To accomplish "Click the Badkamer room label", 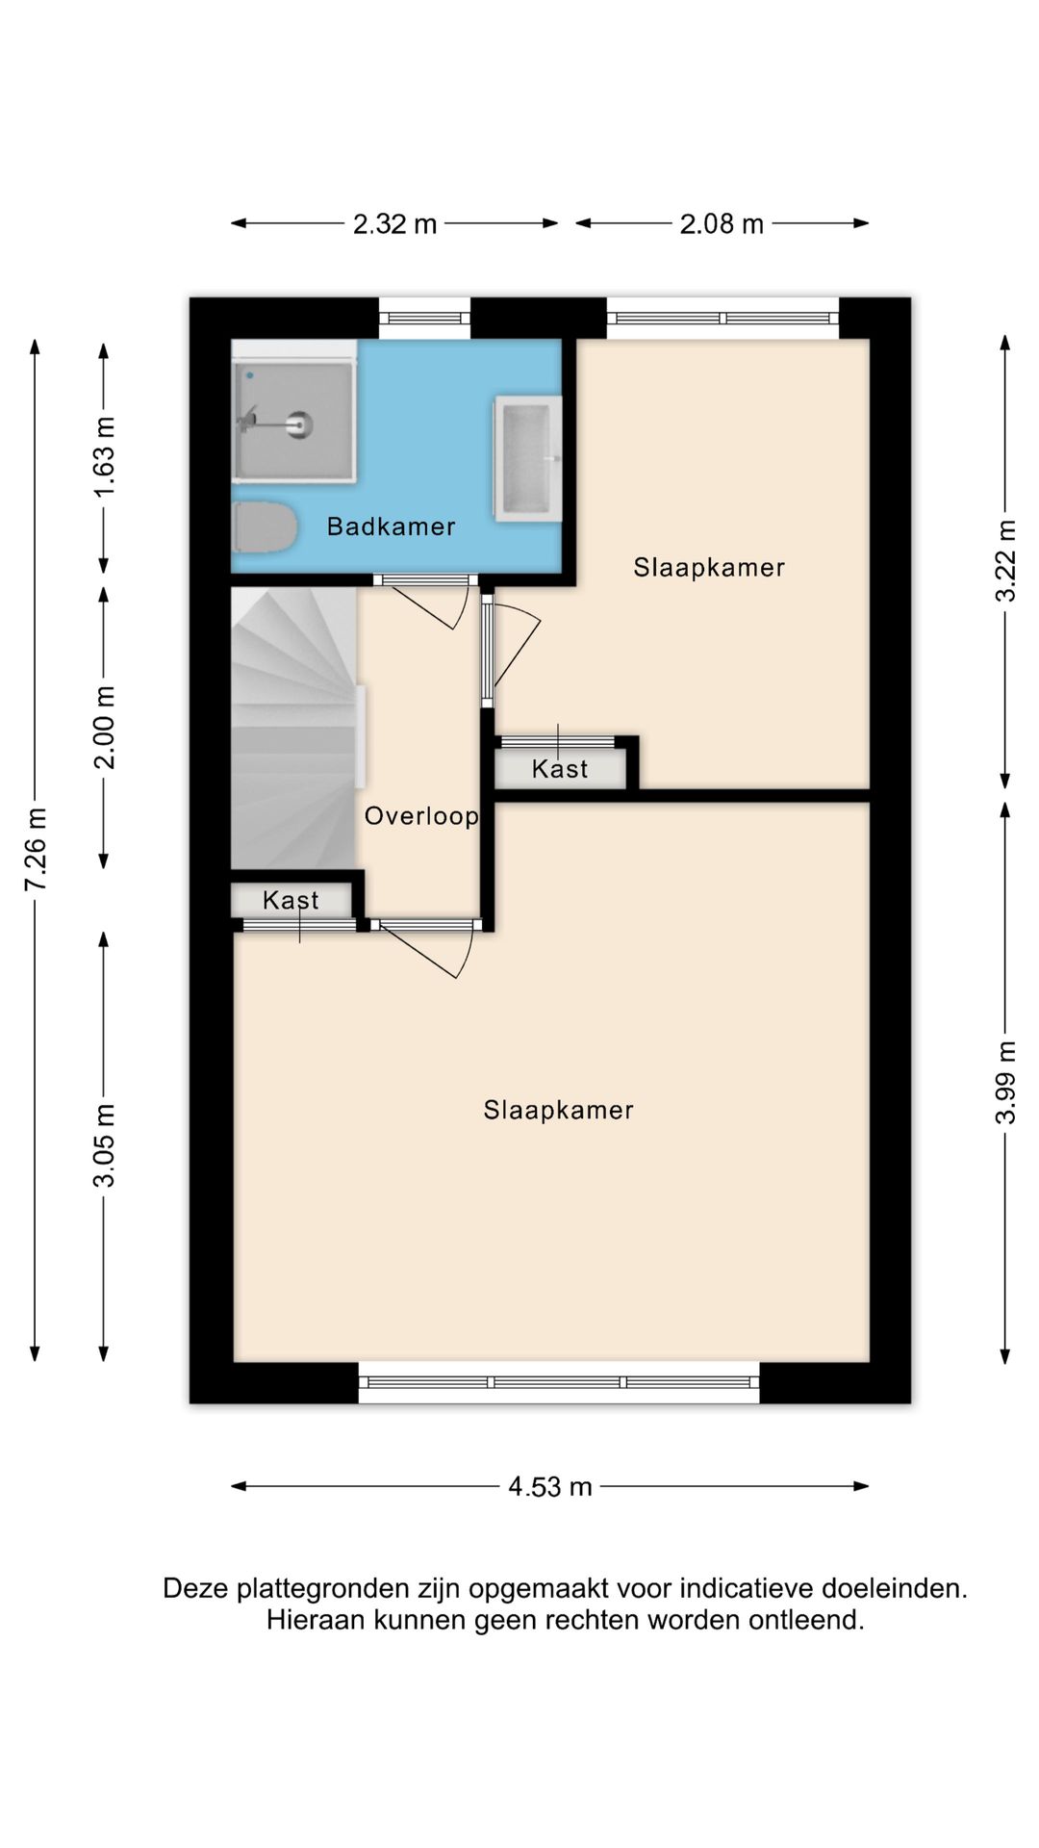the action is [x=391, y=526].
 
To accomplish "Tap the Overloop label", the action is [x=421, y=816].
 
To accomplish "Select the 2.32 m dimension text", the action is [x=394, y=224].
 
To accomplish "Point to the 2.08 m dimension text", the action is [x=722, y=224].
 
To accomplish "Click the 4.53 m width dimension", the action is [x=550, y=1487].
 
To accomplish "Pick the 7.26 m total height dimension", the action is [x=36, y=850].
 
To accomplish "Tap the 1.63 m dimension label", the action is [x=104, y=456].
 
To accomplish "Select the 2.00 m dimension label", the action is [x=104, y=728].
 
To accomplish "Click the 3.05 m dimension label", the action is [x=104, y=1145].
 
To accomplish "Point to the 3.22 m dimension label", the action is [x=1005, y=561].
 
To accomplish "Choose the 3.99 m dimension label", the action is [x=1005, y=1083].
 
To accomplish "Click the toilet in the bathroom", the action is [x=263, y=527].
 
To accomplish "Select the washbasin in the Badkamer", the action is [x=527, y=459].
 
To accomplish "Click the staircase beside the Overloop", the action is [x=294, y=729].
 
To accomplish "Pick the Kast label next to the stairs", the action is [x=291, y=901].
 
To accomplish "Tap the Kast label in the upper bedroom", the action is [x=560, y=769].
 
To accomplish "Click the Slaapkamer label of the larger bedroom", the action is [x=558, y=1111].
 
